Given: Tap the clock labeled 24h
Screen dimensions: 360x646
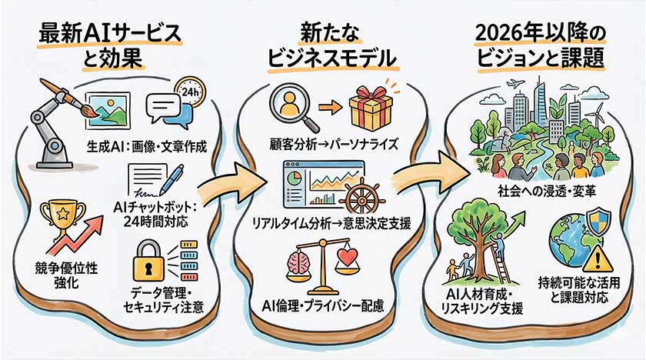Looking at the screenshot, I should tap(193, 93).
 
